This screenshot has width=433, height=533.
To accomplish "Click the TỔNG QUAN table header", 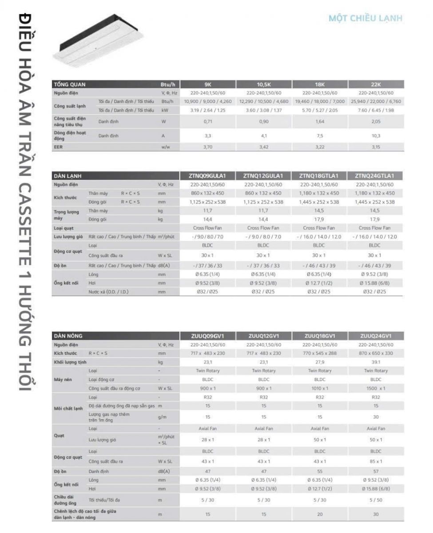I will [70, 84].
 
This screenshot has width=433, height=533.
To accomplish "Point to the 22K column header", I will [376, 84].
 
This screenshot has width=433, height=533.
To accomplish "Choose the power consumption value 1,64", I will [320, 121].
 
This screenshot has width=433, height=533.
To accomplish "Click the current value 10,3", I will [376, 136].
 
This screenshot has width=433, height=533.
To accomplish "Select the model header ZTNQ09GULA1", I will [207, 175].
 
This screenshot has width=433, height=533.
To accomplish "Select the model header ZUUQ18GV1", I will [320, 336].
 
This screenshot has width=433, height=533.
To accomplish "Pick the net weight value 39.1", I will [376, 362].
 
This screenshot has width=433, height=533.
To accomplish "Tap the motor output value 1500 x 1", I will [376, 388].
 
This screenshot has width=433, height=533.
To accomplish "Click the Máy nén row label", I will [63, 379].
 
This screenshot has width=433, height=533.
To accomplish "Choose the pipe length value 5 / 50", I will [376, 500].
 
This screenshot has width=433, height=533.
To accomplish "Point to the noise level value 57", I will [376, 471].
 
